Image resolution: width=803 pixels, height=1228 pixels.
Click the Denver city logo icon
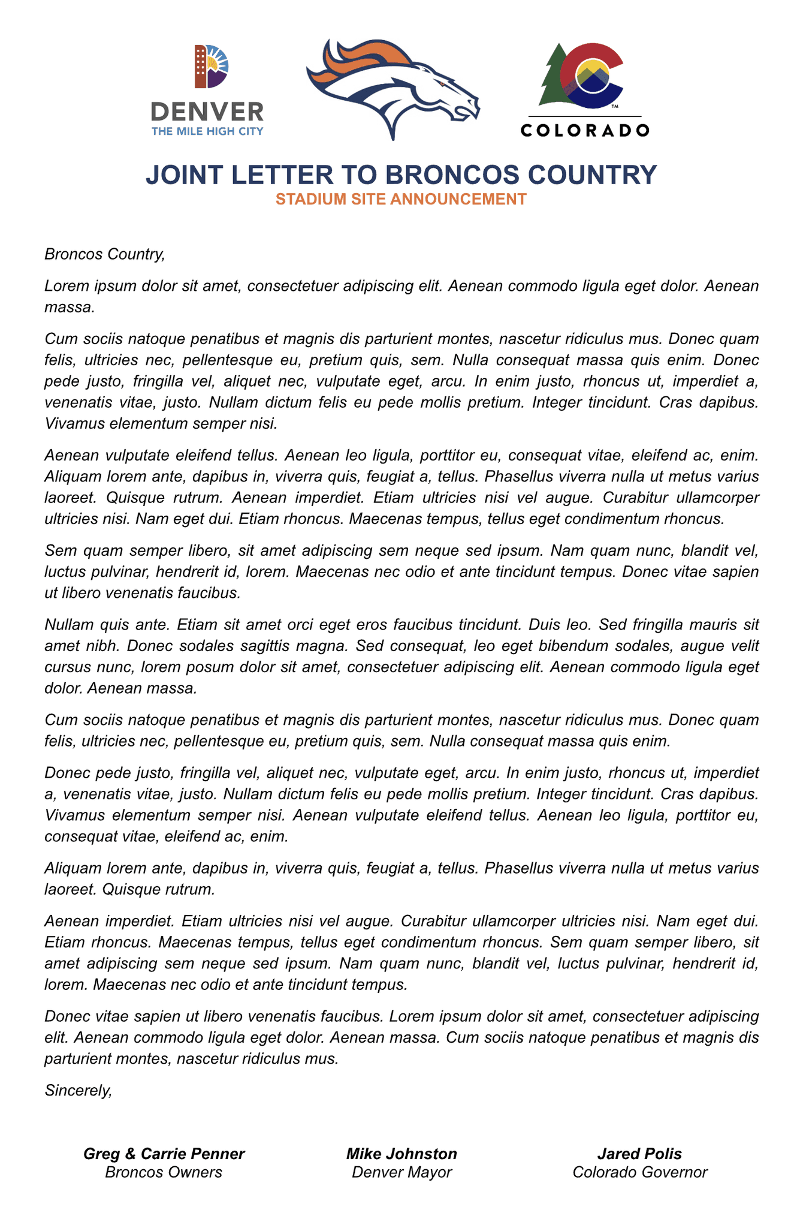[x=210, y=67]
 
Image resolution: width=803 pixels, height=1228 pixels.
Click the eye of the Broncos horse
[x=443, y=81]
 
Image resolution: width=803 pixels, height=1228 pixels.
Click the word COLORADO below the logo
[x=584, y=130]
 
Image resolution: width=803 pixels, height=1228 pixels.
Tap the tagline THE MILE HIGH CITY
[x=207, y=131]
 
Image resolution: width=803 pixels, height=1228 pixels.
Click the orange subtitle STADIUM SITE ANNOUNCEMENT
[x=401, y=199]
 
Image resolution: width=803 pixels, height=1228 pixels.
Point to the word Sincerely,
[x=79, y=1091]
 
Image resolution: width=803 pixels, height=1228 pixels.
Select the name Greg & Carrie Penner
[x=164, y=1154]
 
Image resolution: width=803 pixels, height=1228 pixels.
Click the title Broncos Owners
[x=164, y=1172]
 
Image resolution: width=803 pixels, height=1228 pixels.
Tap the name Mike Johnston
[x=402, y=1154]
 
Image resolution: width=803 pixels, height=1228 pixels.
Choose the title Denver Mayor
[x=402, y=1172]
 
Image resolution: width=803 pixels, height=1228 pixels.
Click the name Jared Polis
[x=639, y=1154]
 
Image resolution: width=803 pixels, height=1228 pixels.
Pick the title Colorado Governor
[x=640, y=1172]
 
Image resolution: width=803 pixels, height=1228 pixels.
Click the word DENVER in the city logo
[x=207, y=112]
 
